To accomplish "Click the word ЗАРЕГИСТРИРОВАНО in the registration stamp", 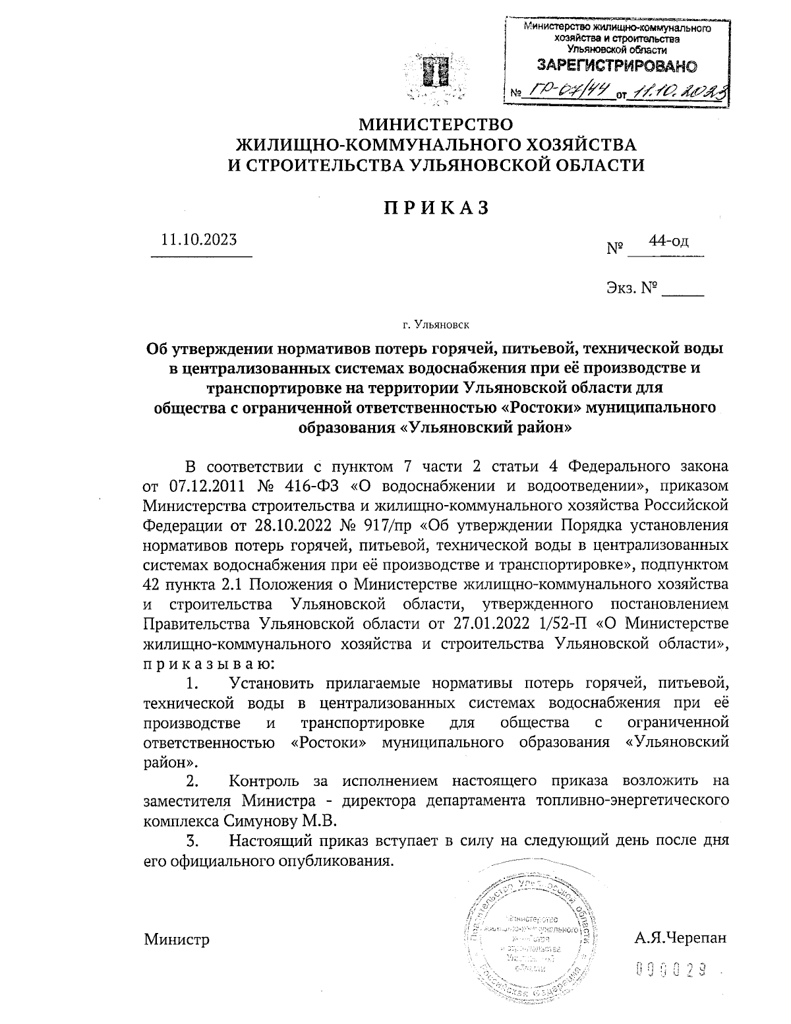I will pyautogui.click(x=617, y=66).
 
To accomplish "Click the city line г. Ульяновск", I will pyautogui.click(x=436, y=324).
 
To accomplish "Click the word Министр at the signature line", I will pyautogui.click(x=177, y=938).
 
